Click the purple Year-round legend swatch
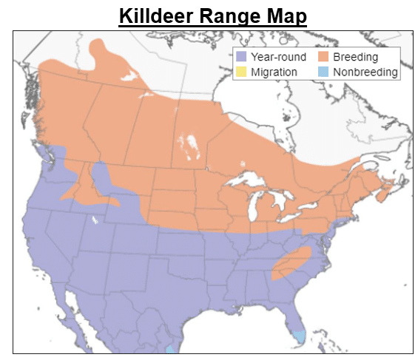[x=240, y=57]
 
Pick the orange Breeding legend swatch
[x=323, y=57]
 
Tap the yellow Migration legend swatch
[x=240, y=72]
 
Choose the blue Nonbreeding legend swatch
[x=323, y=72]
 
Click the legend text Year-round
[x=278, y=57]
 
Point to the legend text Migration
[x=274, y=72]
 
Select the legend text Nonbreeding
[x=365, y=72]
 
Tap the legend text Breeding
[x=355, y=57]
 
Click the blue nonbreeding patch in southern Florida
[x=298, y=336]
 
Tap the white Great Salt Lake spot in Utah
[x=95, y=220]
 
